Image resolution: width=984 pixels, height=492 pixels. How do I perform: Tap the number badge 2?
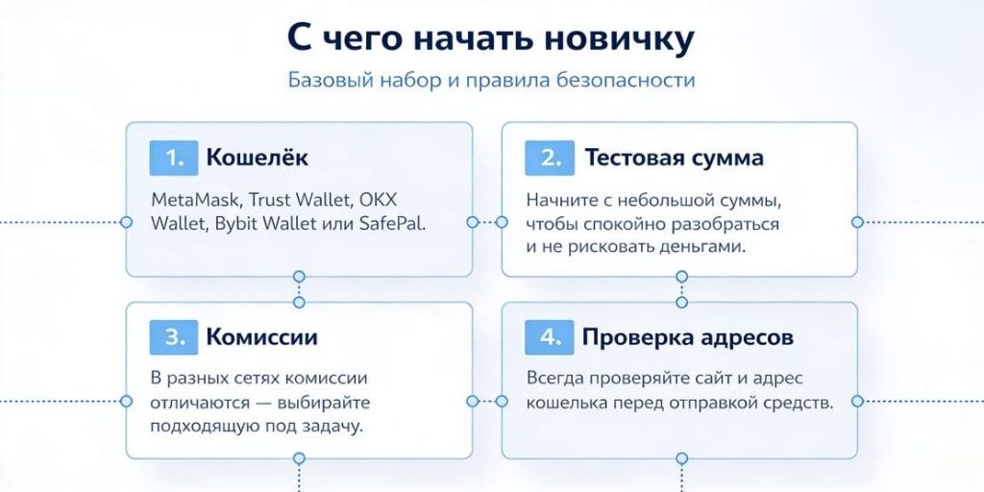click(x=549, y=158)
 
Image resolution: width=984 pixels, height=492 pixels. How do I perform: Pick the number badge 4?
click(x=549, y=337)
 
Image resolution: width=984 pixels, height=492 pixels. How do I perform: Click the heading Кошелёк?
click(x=258, y=158)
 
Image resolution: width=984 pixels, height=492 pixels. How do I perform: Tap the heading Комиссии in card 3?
click(x=261, y=337)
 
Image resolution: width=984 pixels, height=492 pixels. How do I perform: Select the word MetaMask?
click(x=195, y=201)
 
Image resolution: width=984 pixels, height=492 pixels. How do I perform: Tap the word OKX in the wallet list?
click(x=379, y=201)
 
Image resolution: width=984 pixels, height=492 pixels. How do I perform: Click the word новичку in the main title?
click(x=616, y=39)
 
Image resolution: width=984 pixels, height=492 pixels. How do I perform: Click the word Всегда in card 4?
click(x=553, y=379)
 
